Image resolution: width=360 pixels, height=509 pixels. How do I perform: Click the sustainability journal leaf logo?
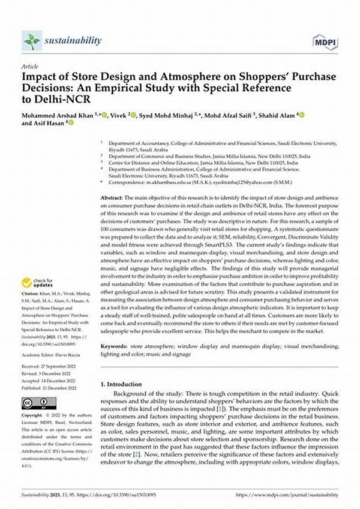pos(31,41)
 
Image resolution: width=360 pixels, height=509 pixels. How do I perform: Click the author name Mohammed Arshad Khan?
pos(59,115)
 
